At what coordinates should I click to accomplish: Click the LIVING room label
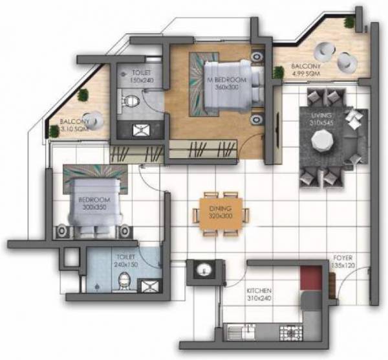pos(320,118)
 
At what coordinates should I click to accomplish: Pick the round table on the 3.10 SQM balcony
pos(96,119)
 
